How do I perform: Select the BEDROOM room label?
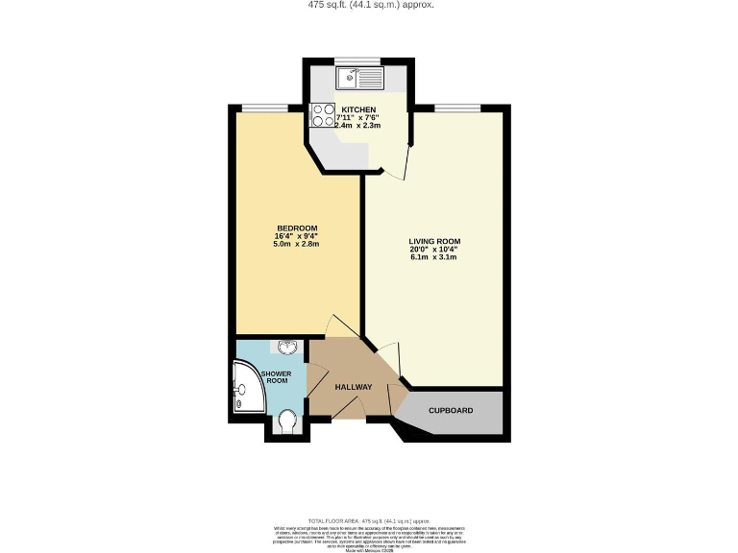tap(296, 228)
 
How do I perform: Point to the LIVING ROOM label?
tap(434, 242)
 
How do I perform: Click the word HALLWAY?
tap(353, 387)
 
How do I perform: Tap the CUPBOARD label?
tap(451, 411)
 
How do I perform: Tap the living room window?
tap(458, 107)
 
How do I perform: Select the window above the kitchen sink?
tap(359, 61)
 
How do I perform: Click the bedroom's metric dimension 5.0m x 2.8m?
tap(296, 245)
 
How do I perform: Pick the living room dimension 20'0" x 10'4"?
tap(434, 251)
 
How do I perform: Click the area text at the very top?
tap(369, 5)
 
